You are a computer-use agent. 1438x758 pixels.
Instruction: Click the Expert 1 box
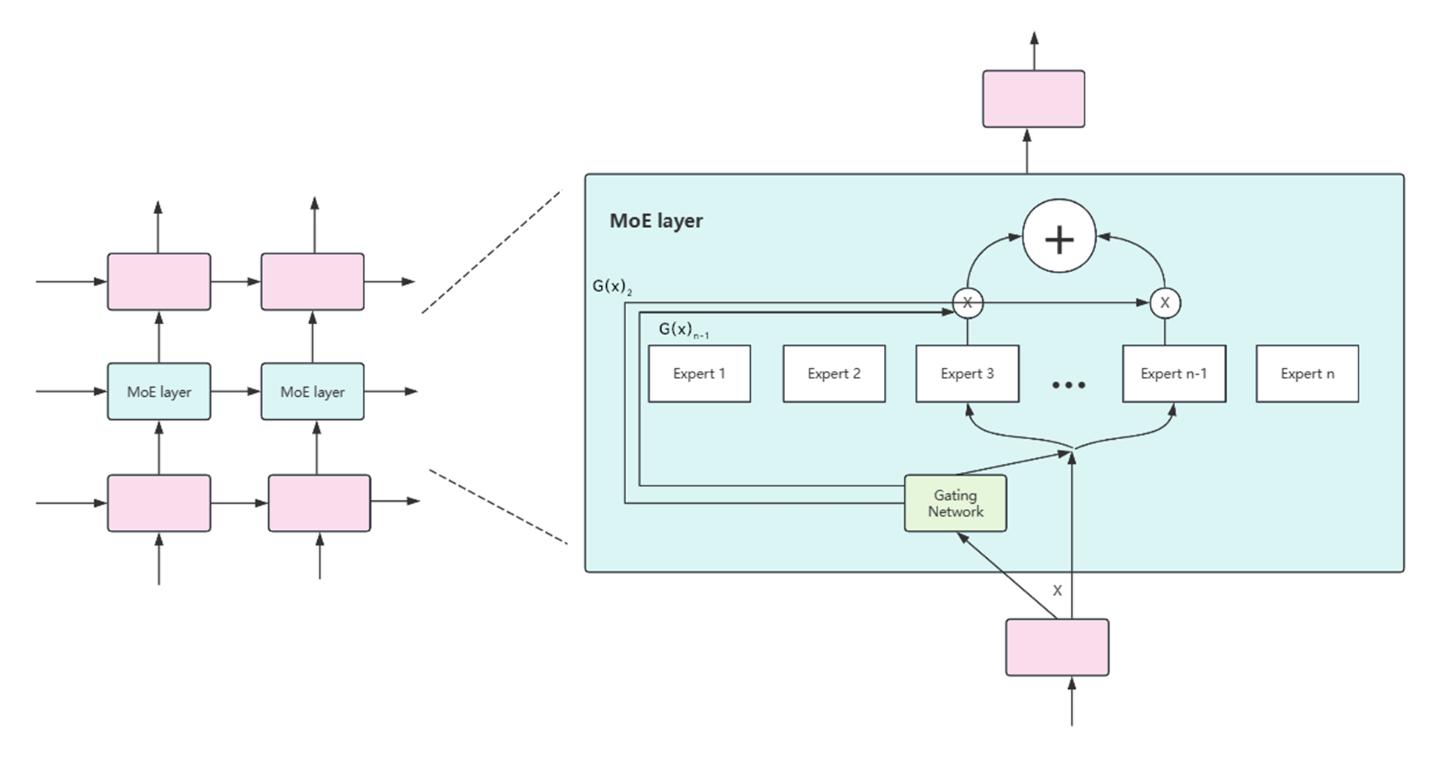point(699,374)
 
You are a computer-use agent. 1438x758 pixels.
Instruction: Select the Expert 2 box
point(833,374)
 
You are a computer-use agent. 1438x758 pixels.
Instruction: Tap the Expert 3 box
point(966,374)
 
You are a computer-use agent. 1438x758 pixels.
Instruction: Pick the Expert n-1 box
point(1174,374)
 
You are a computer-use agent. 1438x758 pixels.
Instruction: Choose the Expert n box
point(1307,374)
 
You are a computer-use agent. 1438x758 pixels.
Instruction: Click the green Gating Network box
point(955,503)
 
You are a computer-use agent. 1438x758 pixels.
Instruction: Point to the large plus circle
point(1058,236)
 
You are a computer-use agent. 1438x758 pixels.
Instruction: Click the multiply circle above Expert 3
point(967,302)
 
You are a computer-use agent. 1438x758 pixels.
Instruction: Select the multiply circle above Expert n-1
point(1164,302)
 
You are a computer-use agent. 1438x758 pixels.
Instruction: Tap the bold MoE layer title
point(656,221)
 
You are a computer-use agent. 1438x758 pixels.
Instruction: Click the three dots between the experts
point(1068,384)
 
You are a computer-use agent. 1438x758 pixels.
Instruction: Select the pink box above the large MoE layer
point(1032,99)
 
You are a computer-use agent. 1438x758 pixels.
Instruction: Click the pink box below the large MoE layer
point(1056,647)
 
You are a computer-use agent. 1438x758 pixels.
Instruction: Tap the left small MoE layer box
point(159,392)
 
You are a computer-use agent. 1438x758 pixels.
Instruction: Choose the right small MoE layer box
point(312,392)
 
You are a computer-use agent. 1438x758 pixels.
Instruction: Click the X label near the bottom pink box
point(1057,591)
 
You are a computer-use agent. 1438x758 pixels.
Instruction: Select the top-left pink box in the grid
point(159,282)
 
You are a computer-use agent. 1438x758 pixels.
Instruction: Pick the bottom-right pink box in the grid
point(319,503)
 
